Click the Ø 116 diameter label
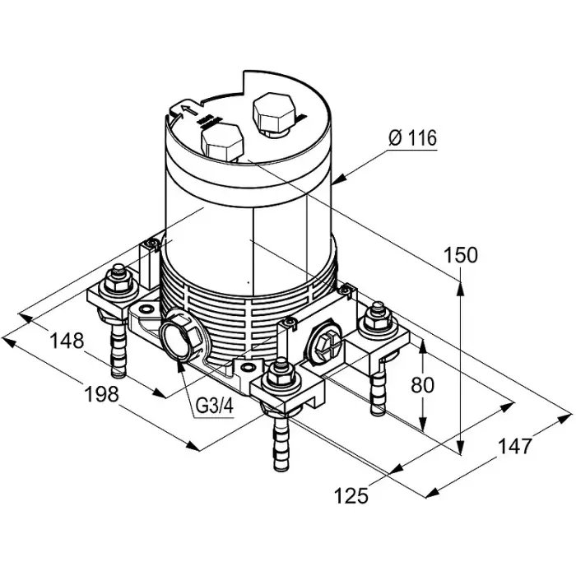pos(412,138)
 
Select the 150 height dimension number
pos(461,255)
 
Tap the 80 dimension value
pos(422,385)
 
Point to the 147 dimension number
pos(514,446)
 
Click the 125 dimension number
pos(351,495)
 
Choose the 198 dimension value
pos(102,394)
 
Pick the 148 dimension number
pos(67,341)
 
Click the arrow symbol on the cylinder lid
pos(188,109)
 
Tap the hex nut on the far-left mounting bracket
pos(118,282)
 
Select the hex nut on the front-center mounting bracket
pos(281,377)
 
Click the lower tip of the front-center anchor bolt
pos(281,469)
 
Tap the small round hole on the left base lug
pos(146,309)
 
